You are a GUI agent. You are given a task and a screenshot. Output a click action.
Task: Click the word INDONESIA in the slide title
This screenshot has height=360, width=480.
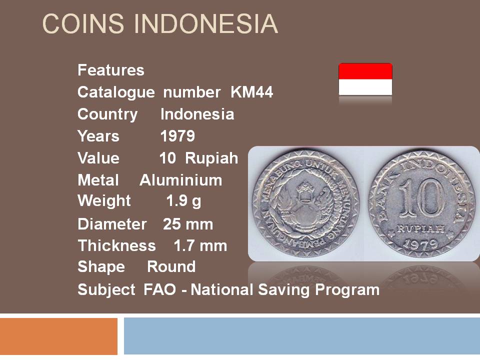(206, 23)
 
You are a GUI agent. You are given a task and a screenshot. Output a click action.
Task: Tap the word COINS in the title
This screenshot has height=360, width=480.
(83, 23)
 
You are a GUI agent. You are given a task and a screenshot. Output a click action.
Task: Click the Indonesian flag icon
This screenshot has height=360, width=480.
(365, 79)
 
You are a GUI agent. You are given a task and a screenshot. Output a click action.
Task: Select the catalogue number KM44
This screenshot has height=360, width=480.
(251, 92)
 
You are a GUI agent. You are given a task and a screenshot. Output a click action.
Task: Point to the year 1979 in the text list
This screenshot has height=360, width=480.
(177, 136)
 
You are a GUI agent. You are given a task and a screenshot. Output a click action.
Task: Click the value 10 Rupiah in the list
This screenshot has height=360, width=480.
(198, 158)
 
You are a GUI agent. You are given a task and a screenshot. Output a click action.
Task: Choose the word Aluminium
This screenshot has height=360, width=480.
(181, 180)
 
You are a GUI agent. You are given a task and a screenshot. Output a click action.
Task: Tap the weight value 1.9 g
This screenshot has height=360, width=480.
(183, 201)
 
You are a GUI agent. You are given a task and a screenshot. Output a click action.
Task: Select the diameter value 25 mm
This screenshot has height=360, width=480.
(188, 224)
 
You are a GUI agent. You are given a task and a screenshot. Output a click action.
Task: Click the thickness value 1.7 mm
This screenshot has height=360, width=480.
(200, 246)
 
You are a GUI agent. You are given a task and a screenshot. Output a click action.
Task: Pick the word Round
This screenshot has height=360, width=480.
(171, 266)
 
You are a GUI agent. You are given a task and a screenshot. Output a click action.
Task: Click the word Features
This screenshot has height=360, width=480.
(111, 70)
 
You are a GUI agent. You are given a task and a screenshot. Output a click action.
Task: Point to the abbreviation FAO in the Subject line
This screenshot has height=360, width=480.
(160, 289)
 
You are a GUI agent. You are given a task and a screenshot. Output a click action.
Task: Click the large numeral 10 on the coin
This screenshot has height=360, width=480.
(421, 199)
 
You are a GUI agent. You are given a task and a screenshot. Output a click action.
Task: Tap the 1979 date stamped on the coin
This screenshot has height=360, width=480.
(420, 244)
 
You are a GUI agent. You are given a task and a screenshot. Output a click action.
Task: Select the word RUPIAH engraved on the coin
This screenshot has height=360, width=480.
(420, 228)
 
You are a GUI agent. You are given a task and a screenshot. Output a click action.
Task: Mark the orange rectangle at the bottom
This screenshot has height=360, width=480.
(59, 336)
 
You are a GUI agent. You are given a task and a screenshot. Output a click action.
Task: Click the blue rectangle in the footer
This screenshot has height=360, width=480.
(302, 336)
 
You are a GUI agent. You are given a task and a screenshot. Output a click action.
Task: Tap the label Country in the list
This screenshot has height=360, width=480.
(107, 114)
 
